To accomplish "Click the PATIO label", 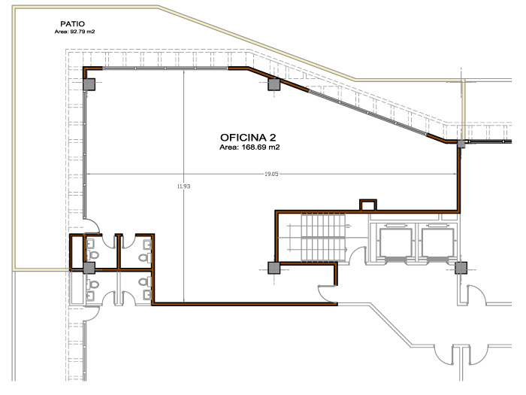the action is coord(72,24).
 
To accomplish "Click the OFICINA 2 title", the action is coord(248,138).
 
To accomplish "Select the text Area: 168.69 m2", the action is coord(249,147).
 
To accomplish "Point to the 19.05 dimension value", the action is coord(271,174).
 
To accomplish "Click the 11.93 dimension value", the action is coord(184,186).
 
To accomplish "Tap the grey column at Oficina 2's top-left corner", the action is coord(89,84).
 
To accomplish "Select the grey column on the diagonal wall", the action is coord(274,84).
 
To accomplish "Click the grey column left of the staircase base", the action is coord(274,268).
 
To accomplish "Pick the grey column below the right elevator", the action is coord(461,268).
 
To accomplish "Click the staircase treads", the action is coord(323,237).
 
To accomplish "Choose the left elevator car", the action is coord(395,242).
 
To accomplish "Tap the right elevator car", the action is coord(438,242).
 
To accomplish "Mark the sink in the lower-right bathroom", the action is coord(147,295).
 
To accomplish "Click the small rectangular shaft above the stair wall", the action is coord(367,205).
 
